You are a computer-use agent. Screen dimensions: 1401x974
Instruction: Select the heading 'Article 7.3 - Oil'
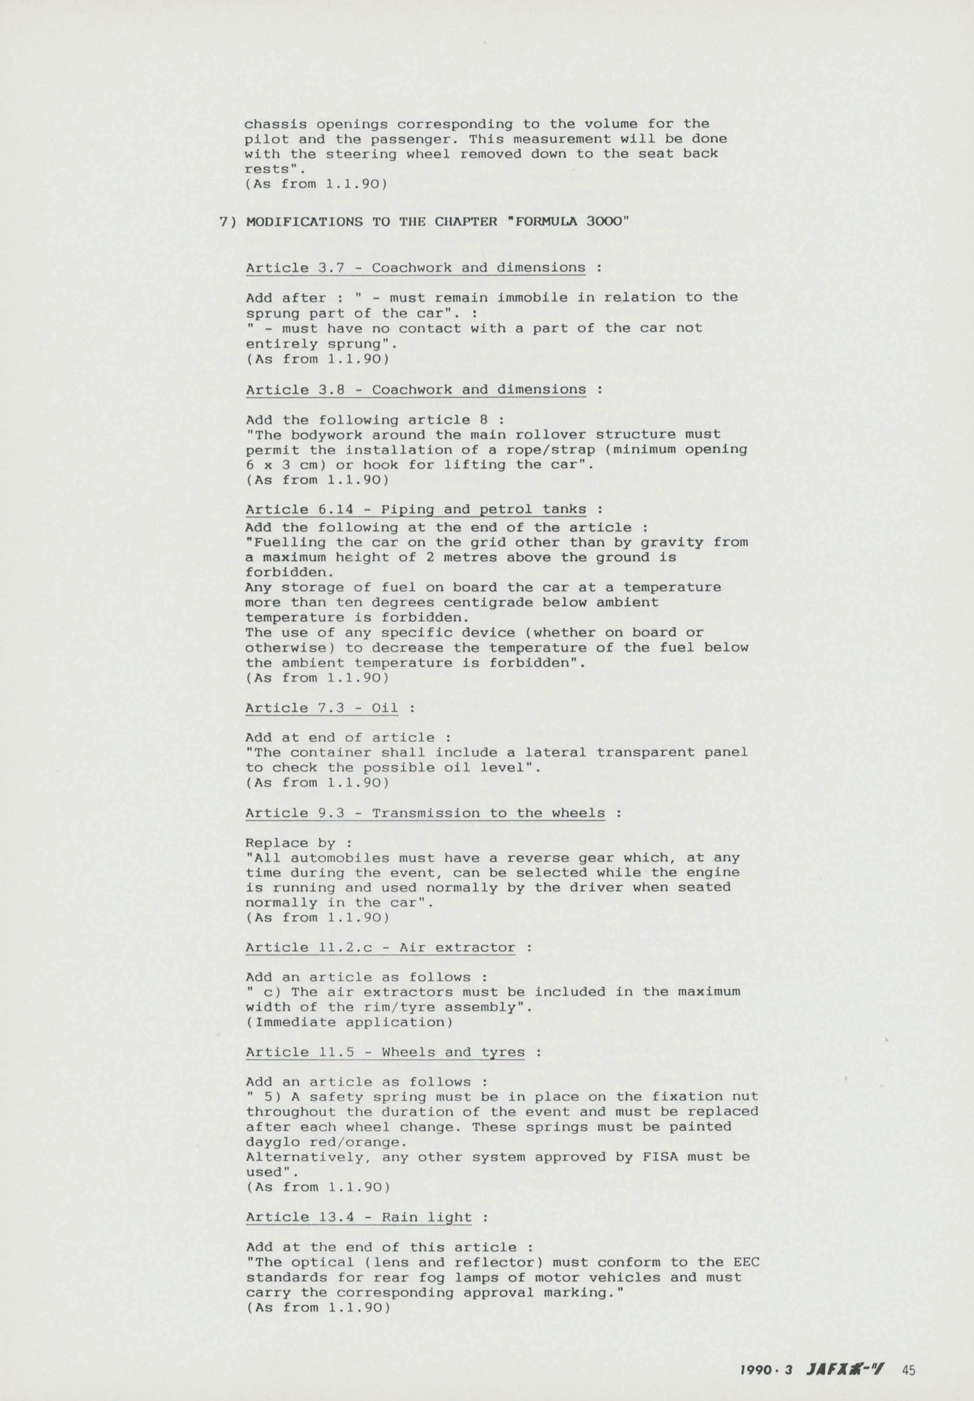322,708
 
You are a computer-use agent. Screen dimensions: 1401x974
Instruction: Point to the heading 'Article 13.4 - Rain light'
359,1217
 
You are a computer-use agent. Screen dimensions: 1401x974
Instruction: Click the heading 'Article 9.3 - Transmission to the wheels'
425,813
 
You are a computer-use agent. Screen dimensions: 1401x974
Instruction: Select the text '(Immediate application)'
350,1022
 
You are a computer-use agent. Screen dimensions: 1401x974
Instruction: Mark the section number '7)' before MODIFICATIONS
227,222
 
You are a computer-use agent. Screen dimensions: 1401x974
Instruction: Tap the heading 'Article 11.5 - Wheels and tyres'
385,1052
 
